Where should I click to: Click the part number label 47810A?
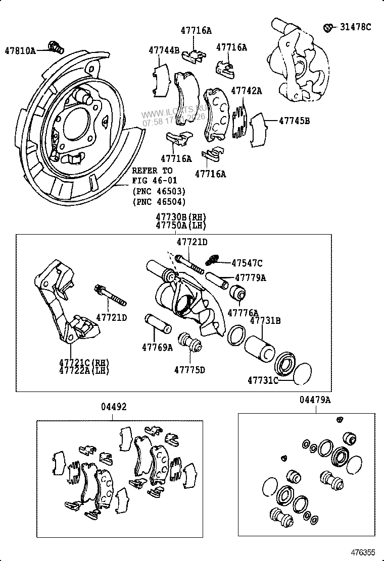coord(20,50)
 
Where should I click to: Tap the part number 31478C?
coord(355,27)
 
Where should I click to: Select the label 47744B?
coord(164,50)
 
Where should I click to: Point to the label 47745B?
coord(295,121)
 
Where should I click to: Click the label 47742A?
coord(247,91)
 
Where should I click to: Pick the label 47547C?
coord(247,263)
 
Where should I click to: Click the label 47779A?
coord(251,277)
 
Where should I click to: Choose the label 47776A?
coord(243,313)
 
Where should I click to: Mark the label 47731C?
coord(263,380)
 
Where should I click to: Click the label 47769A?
coord(157,347)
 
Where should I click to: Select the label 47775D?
coord(189,369)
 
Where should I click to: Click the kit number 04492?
coord(113,407)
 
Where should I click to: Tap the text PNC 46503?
coord(159,192)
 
